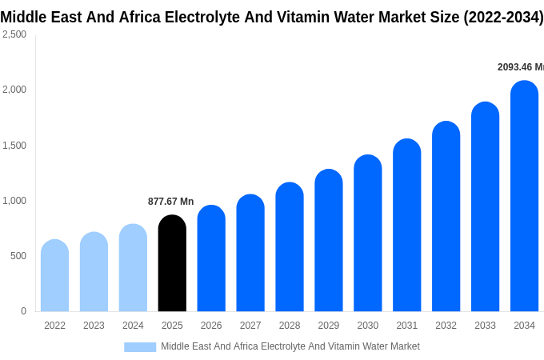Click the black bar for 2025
(172, 264)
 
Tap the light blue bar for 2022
(54, 276)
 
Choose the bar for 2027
(250, 254)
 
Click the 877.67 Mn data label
(170, 202)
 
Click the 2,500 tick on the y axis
(14, 34)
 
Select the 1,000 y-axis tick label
(14, 201)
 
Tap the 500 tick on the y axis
(18, 256)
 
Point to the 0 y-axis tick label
(23, 311)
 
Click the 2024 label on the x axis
(133, 326)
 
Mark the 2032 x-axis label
(446, 326)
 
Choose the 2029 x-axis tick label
(328, 326)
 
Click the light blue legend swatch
(140, 346)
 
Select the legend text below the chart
(290, 346)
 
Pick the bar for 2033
(485, 207)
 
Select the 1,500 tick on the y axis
(14, 146)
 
